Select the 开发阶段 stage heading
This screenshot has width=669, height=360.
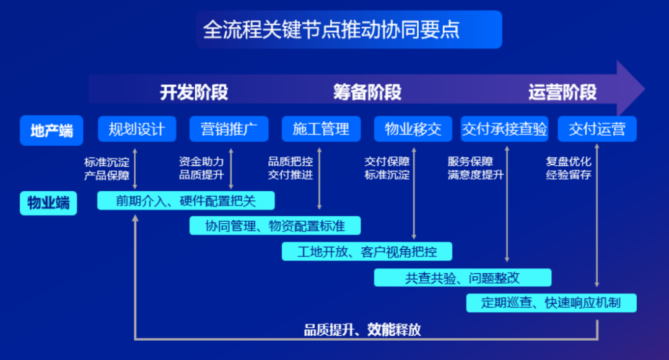coord(194,92)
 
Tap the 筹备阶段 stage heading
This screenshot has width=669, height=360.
coord(367,92)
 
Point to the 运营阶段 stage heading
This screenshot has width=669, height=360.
coord(562,92)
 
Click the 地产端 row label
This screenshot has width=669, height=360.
coord(51,130)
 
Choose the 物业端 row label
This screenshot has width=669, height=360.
coord(48,203)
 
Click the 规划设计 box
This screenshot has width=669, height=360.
coord(137,129)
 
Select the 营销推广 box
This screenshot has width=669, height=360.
coord(229,129)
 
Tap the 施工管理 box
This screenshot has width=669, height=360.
coord(321,129)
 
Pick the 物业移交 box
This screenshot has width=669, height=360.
coord(413,129)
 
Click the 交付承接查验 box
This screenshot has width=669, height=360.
coord(504,129)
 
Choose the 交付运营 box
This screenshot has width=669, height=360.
coord(597,129)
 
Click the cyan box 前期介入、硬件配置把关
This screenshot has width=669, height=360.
coord(186,201)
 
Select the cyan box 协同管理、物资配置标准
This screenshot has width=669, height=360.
coord(275,226)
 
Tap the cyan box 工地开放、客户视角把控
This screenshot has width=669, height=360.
coord(367,251)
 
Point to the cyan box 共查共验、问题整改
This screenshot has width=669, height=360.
coord(462,277)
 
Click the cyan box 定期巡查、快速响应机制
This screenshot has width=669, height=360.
coord(551,303)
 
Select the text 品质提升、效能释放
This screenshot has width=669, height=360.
coord(362,330)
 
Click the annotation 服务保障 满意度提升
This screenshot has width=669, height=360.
coord(475,168)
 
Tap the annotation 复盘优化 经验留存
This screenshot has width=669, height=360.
coord(569,168)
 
